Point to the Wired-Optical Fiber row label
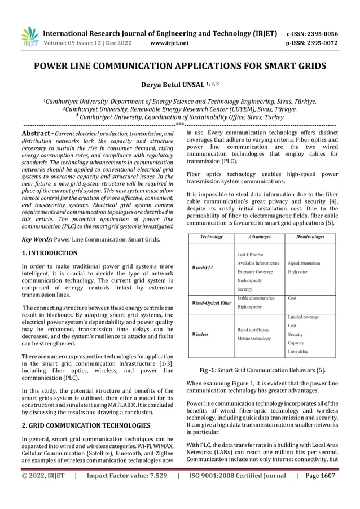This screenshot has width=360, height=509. tap(211, 302)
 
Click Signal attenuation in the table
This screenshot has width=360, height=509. tap(304, 263)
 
